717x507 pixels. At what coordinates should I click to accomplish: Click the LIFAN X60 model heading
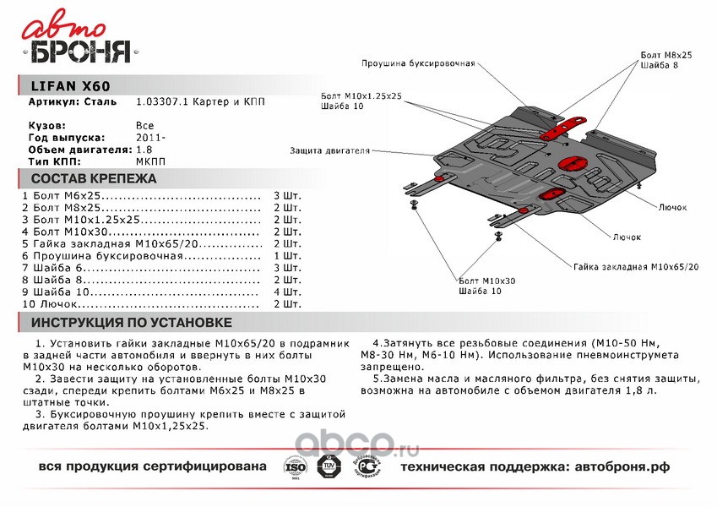pyautogui.click(x=70, y=86)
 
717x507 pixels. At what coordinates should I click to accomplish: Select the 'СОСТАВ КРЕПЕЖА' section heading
pyautogui.click(x=94, y=179)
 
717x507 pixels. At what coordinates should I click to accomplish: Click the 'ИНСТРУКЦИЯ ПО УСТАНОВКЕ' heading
pyautogui.click(x=131, y=323)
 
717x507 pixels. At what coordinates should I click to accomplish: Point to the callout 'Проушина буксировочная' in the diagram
pyautogui.click(x=418, y=63)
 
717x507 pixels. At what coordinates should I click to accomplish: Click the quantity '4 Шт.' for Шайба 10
pyautogui.click(x=287, y=292)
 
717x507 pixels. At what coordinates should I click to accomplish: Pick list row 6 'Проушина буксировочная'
pyautogui.click(x=106, y=255)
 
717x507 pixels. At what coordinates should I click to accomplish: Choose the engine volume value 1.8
pyautogui.click(x=144, y=149)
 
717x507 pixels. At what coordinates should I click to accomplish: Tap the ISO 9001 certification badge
pyautogui.click(x=295, y=467)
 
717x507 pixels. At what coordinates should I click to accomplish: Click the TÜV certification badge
pyautogui.click(x=332, y=466)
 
